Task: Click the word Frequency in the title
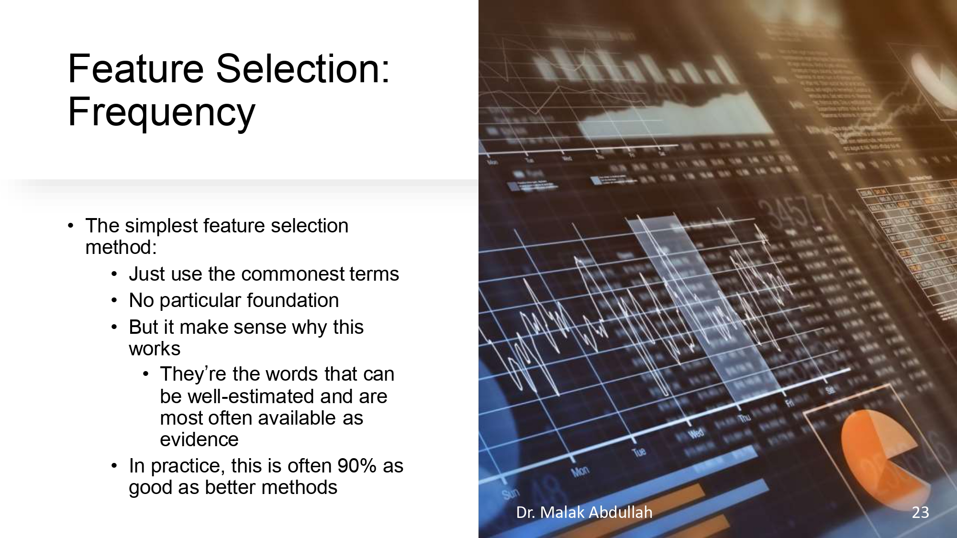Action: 161,112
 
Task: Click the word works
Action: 154,349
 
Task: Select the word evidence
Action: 199,439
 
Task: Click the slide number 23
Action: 920,512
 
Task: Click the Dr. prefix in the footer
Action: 525,512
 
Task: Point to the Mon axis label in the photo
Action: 580,472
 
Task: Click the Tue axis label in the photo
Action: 639,451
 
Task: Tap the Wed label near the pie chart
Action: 696,433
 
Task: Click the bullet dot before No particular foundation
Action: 114,300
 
